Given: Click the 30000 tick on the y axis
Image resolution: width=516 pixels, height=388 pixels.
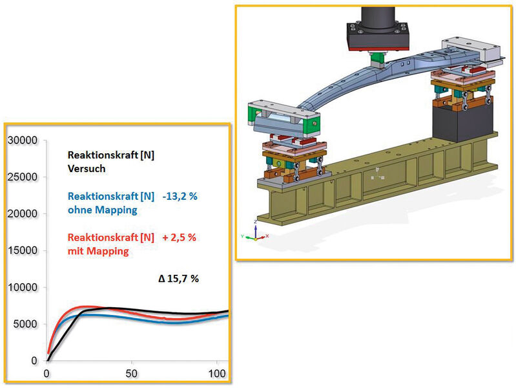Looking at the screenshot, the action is (x=23, y=141).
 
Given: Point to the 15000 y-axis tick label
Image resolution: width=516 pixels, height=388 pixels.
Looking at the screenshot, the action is (x=23, y=250).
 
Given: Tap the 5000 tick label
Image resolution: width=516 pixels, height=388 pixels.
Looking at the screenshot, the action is (x=26, y=324).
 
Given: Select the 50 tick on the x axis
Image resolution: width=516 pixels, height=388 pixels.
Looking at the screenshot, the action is (x=131, y=374).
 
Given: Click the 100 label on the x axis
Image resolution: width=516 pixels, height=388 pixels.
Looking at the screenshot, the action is (x=217, y=374).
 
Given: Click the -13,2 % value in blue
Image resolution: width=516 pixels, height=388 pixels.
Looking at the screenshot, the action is (x=180, y=197).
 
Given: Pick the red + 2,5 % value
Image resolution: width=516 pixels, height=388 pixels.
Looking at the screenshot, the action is (x=180, y=237).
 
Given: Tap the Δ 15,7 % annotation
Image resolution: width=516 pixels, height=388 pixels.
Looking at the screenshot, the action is (x=178, y=279).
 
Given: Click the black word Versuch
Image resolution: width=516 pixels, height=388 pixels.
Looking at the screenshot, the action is (x=87, y=169).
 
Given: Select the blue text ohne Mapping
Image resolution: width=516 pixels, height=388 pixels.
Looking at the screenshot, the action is (x=102, y=210).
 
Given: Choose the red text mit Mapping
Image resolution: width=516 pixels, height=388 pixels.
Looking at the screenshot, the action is (x=98, y=252).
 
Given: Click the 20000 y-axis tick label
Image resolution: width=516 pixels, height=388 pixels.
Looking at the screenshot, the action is (x=23, y=214).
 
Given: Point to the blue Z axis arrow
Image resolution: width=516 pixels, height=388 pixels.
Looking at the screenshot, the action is (x=256, y=230).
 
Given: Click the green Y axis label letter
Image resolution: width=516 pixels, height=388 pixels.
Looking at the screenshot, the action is (x=242, y=236).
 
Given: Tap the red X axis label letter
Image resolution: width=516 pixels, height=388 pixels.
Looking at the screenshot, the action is (x=267, y=236).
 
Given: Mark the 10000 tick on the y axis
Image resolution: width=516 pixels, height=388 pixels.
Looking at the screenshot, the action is (x=23, y=288).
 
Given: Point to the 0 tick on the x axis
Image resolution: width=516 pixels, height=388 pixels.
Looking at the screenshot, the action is (x=46, y=374).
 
